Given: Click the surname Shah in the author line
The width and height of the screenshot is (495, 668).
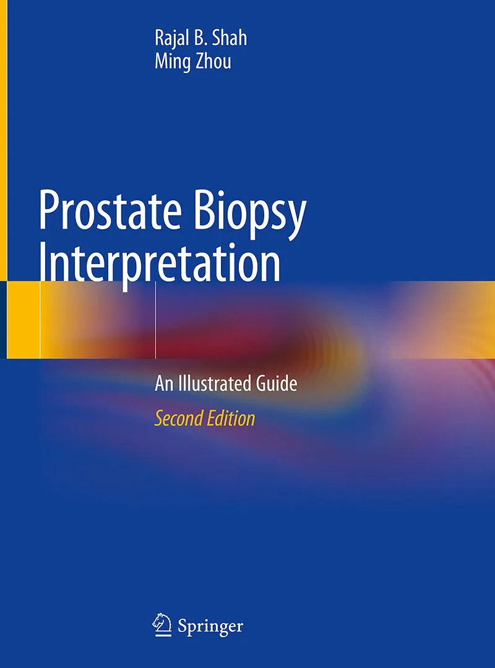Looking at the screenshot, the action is click(230, 38).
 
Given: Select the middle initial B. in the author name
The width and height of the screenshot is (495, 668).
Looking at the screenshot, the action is click(200, 38).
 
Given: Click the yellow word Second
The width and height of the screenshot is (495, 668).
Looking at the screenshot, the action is click(178, 418).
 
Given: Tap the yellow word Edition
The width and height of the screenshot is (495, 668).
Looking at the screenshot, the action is click(231, 418).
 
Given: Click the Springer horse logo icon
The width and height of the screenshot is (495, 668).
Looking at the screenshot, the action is click(162, 625).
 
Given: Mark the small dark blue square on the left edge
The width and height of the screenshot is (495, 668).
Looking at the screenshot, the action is click(4, 319).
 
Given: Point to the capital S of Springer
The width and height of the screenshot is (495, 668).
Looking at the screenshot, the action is click(182, 626).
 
